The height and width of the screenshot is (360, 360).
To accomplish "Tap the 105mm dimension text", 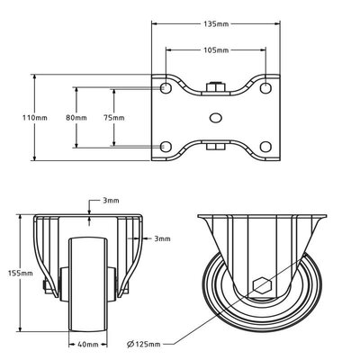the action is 216,50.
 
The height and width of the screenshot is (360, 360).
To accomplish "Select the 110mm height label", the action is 35,118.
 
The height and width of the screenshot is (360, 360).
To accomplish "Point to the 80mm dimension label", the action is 76,118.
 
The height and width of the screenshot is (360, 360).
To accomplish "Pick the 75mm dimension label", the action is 113,118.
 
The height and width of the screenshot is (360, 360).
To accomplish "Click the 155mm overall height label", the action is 20,274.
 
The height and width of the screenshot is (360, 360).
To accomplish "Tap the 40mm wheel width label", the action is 88,345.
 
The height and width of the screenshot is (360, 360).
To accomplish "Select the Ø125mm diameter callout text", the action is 143,344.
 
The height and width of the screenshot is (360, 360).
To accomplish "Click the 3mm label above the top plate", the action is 111,201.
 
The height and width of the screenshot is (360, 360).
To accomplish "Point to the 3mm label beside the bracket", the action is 162,238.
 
